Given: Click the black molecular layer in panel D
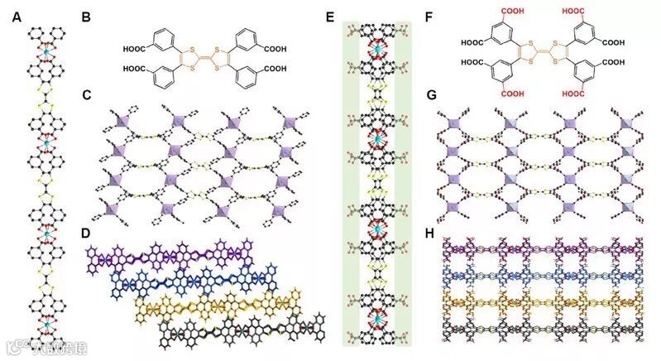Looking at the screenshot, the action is click(x=248, y=330).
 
